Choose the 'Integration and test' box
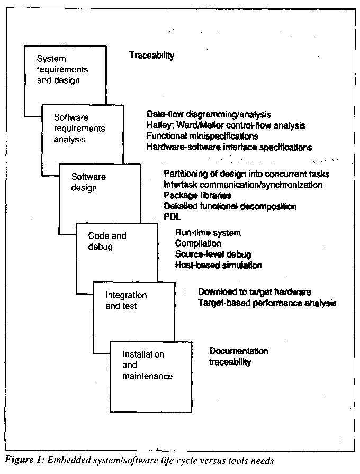[126, 300]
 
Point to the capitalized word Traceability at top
[151, 55]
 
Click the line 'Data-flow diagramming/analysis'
[209, 114]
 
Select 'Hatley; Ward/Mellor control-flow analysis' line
[226, 125]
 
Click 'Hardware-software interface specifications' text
[229, 147]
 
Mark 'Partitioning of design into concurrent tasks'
[247, 174]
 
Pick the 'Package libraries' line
[197, 196]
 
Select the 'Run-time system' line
[208, 233]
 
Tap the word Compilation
[198, 243]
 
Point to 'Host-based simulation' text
[218, 265]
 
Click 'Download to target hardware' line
[254, 292]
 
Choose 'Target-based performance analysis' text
[267, 303]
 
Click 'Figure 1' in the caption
[20, 460]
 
